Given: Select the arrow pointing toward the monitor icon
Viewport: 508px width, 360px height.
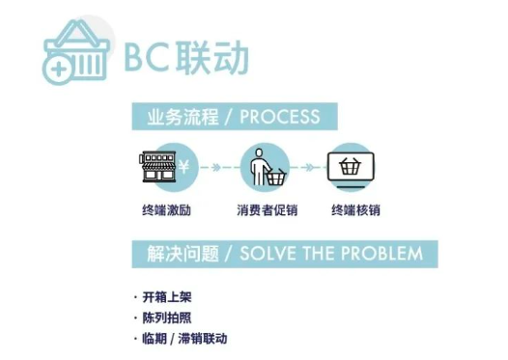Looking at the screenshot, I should point(308,167).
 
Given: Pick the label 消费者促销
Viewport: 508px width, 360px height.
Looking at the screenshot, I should point(262,209).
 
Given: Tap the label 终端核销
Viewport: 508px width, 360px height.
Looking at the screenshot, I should point(353,209).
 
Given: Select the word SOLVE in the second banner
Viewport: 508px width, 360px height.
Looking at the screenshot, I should point(266,254).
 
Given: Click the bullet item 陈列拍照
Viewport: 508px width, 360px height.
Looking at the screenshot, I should point(166,318).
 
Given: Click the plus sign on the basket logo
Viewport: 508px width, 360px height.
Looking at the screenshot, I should point(58,68).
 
